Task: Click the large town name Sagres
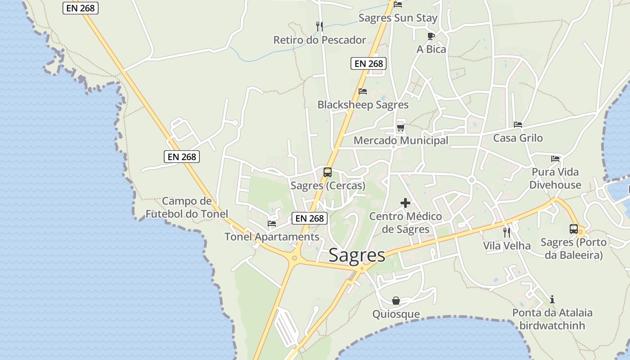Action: point(357,255)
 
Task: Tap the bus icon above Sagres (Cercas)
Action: point(328,172)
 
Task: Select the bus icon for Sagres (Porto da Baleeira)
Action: point(574,229)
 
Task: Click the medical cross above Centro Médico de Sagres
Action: point(405,203)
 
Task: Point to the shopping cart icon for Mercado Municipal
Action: point(400,128)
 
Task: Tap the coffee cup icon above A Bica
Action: point(431,36)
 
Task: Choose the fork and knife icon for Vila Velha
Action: point(507,232)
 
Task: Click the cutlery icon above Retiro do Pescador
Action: point(319,26)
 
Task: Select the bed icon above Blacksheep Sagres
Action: point(363,91)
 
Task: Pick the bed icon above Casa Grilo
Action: point(518,125)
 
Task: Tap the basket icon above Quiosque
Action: point(396,301)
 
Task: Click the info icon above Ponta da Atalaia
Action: point(552,299)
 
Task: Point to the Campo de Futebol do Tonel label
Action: point(187,207)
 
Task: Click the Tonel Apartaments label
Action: point(272,237)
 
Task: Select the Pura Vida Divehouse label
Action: point(555,178)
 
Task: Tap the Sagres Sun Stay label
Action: point(398,18)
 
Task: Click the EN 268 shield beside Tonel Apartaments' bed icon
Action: point(310,218)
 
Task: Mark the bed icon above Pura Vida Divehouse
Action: point(555,159)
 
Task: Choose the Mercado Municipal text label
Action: point(400,140)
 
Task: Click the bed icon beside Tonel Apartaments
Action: point(272,223)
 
